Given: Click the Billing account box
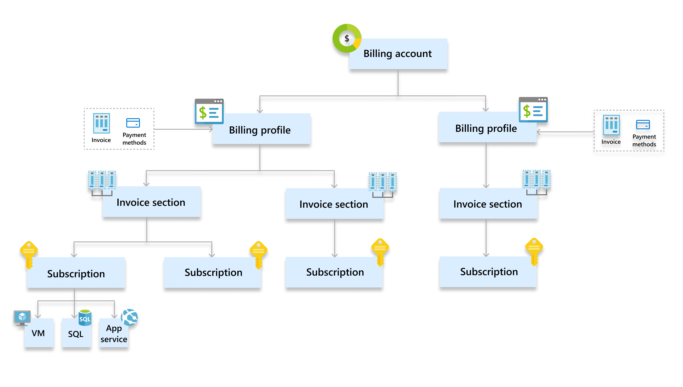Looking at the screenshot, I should (x=398, y=54).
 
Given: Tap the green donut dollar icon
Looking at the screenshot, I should (x=347, y=38).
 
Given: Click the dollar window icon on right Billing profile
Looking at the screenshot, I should (x=533, y=110).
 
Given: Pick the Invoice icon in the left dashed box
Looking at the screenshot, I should (x=101, y=123).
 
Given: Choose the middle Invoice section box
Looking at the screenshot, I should (x=334, y=204).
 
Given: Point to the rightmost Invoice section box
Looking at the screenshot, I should (x=488, y=204).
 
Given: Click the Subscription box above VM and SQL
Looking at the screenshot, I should (x=76, y=273).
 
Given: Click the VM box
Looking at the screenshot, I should (x=39, y=333).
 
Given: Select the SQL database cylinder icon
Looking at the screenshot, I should (x=85, y=318).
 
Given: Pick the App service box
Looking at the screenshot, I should (x=114, y=334).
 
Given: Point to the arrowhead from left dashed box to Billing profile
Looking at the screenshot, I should (x=211, y=129).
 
